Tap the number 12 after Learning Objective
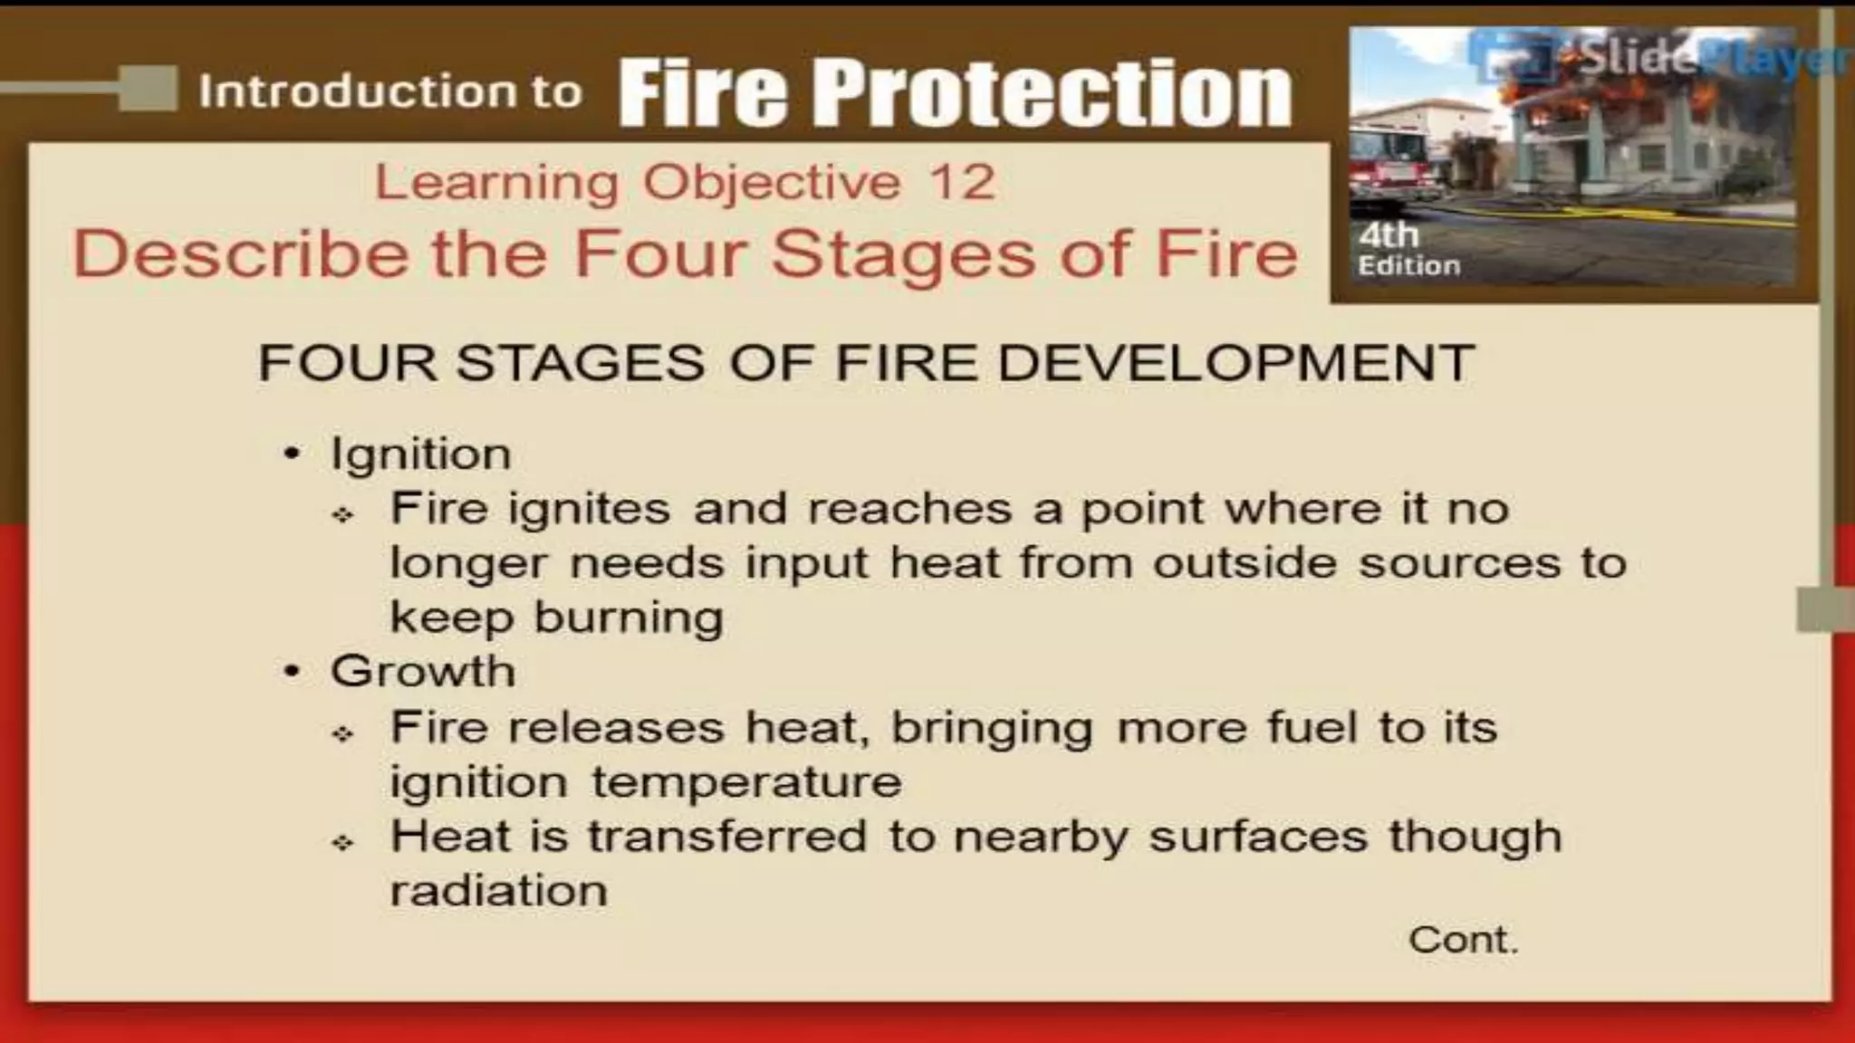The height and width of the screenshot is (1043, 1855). (x=962, y=182)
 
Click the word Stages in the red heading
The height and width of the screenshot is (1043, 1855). (x=903, y=254)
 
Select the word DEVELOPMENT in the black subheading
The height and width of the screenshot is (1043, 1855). (x=1235, y=363)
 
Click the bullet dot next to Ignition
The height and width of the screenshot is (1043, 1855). (x=291, y=454)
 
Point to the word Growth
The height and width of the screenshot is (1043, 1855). (x=423, y=672)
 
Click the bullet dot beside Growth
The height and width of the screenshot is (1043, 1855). (x=291, y=672)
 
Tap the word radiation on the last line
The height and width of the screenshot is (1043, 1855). (x=498, y=891)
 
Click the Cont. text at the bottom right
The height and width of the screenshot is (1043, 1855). (x=1463, y=940)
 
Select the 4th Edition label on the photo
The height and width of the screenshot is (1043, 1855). (x=1408, y=249)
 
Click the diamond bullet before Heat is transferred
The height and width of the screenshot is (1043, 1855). (x=342, y=843)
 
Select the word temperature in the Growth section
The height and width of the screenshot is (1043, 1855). (x=746, y=782)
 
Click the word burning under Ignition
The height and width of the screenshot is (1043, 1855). (x=629, y=618)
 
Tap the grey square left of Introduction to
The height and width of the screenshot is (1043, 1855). (x=148, y=89)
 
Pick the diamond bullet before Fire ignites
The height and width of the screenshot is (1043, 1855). (x=342, y=515)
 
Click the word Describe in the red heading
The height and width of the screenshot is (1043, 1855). (x=240, y=254)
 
